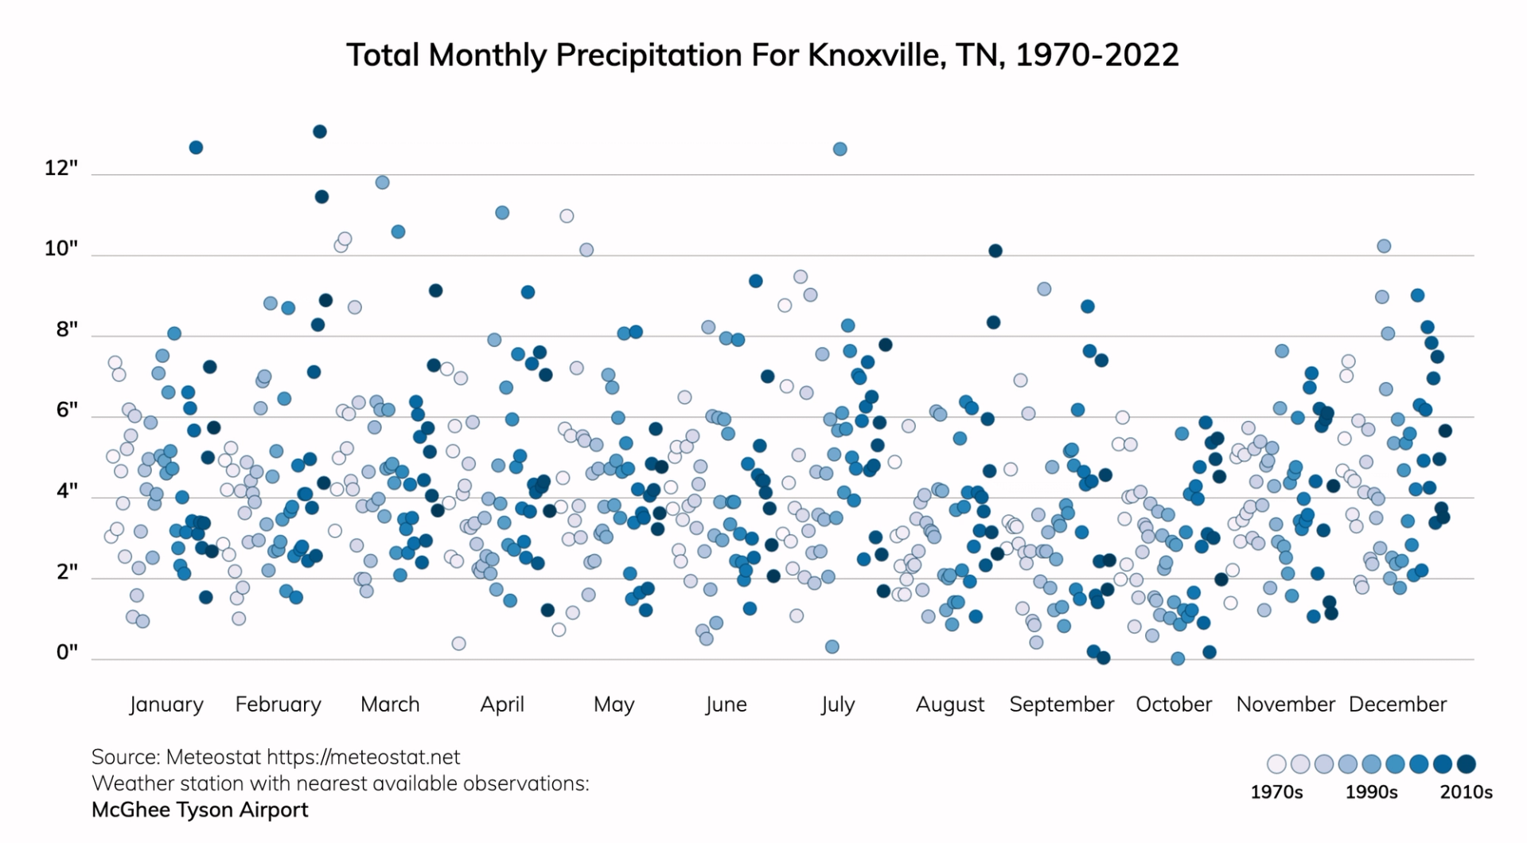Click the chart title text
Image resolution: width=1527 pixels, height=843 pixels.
[762, 55]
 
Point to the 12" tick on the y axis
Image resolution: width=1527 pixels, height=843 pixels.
[61, 168]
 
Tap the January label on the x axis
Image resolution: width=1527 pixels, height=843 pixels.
[166, 704]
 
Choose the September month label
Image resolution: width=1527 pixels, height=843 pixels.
[1061, 704]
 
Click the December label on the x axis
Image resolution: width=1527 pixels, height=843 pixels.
[1397, 704]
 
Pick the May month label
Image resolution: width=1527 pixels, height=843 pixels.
[614, 704]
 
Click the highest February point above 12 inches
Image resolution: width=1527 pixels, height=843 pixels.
[320, 131]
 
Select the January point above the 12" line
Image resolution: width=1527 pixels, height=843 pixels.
[196, 147]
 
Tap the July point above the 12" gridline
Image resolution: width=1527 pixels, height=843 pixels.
[839, 149]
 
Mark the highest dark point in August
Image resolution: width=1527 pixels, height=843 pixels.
[995, 251]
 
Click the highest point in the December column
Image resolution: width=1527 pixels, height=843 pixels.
[1384, 246]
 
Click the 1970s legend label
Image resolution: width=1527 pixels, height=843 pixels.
[1276, 792]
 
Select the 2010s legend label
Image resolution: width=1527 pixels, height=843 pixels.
[1466, 792]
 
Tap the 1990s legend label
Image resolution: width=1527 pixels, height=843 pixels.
[1371, 792]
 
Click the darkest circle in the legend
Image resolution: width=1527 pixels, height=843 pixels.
[1467, 764]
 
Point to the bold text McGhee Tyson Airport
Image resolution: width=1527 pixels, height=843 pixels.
[200, 810]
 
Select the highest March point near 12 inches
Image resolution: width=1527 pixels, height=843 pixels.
[382, 182]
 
